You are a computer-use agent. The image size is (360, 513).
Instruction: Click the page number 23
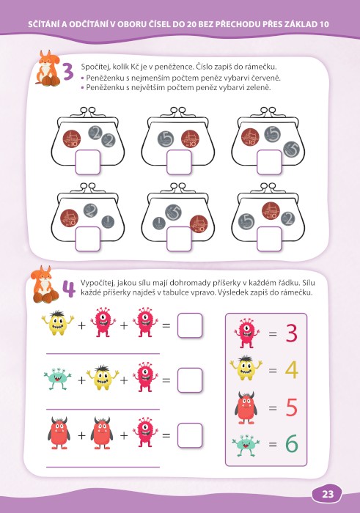327,494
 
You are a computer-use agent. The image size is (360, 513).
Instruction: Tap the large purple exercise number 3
68,73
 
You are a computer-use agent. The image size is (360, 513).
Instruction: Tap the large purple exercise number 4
69,289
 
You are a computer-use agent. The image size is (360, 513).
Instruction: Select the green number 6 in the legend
292,443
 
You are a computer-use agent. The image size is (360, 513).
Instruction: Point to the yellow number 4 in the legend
291,370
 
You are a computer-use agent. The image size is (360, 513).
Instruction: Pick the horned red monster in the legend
246,407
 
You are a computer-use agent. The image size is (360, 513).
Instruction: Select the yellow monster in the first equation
58,323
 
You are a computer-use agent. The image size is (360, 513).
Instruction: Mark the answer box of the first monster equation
190,325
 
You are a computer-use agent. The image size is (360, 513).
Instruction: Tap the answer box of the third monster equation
190,435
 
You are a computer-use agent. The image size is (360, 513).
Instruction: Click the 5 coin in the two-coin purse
166,139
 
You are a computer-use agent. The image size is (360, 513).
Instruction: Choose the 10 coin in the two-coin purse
190,139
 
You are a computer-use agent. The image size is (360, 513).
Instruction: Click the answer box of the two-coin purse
179,162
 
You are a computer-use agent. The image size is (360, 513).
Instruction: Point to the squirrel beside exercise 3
48,68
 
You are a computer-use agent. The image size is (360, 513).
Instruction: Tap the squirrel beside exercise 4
45,284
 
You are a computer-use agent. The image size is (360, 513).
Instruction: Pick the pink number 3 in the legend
291,333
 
